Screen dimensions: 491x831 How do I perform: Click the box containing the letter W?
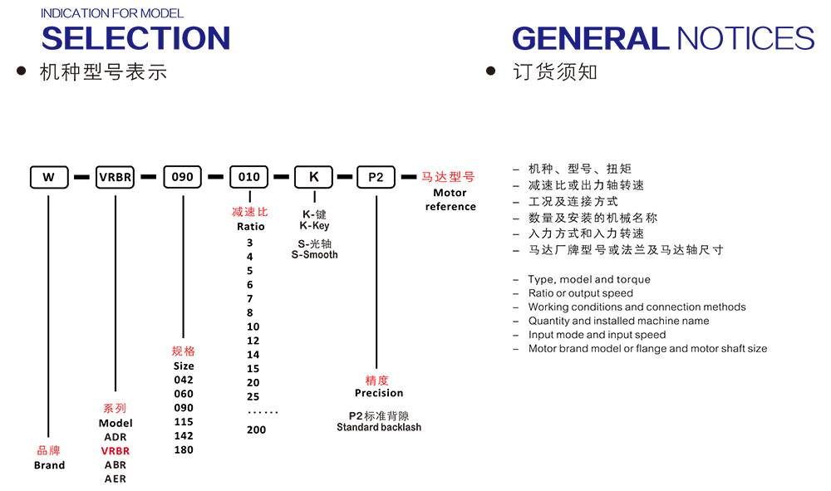point(49,177)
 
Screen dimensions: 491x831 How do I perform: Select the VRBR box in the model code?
point(116,177)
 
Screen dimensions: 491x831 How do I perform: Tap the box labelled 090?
point(182,177)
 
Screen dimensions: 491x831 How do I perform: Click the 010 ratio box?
point(248,177)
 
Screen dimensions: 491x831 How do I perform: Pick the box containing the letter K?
point(314,177)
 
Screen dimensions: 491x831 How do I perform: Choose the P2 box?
point(376,177)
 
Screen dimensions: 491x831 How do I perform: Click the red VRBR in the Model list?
point(116,451)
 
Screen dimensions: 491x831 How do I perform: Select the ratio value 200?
point(256,430)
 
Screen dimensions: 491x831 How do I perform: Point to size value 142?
point(184,436)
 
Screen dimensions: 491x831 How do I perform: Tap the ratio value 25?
point(253,396)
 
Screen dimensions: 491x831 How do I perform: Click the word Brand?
point(49,465)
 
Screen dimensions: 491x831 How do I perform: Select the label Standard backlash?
point(379,428)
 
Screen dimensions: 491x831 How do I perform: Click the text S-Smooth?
point(314,255)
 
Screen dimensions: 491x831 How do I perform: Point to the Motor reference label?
point(450,200)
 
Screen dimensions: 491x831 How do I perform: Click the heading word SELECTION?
point(135,38)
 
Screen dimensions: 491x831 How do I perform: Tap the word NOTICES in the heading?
point(745,38)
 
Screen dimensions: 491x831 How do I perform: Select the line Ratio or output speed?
point(580,293)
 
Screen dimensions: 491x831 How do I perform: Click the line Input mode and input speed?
point(597,335)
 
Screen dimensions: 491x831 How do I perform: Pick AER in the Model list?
point(116,479)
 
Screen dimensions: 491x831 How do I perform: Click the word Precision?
point(378,393)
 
